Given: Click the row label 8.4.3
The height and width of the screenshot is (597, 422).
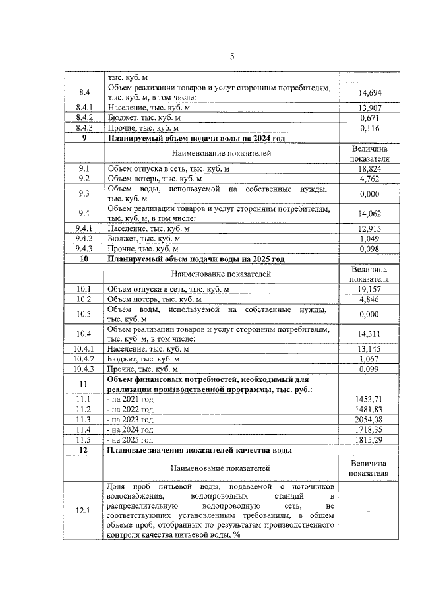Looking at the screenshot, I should click(x=84, y=127).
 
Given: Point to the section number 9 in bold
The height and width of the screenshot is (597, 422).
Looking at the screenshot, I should click(x=84, y=138).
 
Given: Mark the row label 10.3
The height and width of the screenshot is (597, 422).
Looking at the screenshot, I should click(x=84, y=314).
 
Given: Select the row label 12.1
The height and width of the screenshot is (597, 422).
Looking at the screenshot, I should click(x=84, y=511).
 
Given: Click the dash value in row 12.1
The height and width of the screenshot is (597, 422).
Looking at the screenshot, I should click(x=369, y=511).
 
